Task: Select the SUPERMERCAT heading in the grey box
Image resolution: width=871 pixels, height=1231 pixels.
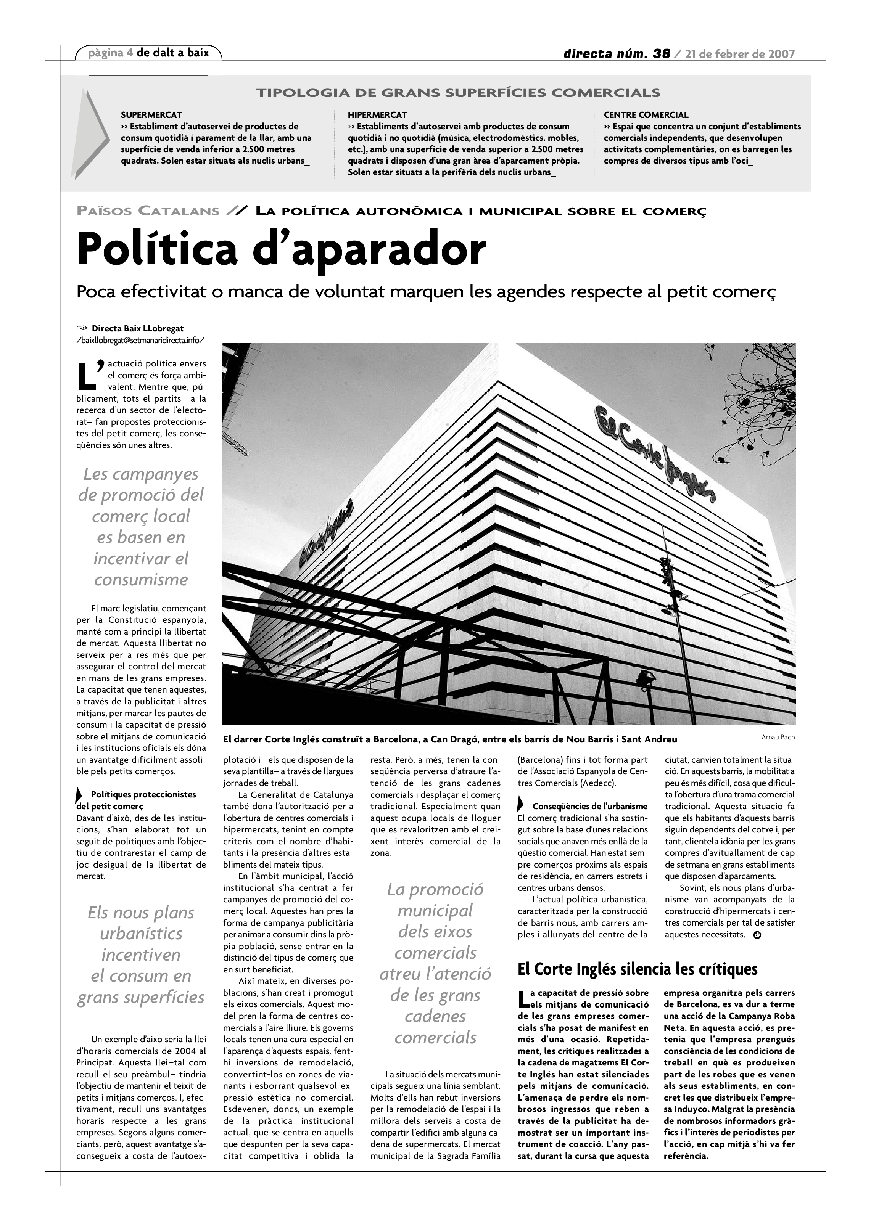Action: pyautogui.click(x=151, y=115)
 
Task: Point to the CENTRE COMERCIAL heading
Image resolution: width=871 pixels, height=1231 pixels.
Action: pyautogui.click(x=646, y=115)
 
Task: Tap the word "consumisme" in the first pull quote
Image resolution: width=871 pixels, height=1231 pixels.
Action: pyautogui.click(x=141, y=580)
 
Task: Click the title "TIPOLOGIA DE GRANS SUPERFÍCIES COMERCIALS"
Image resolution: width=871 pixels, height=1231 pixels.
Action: pyautogui.click(x=458, y=93)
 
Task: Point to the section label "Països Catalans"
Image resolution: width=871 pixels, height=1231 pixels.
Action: pyautogui.click(x=148, y=211)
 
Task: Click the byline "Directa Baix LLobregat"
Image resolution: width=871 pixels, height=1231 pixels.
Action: pyautogui.click(x=137, y=329)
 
